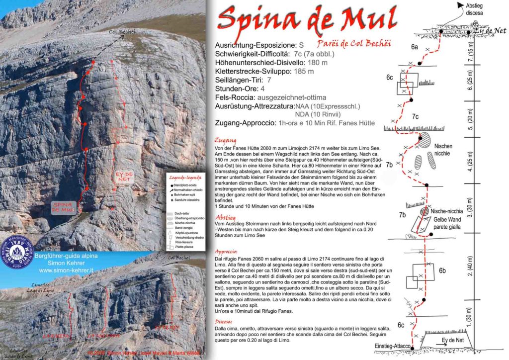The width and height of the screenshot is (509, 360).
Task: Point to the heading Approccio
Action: point(230,252)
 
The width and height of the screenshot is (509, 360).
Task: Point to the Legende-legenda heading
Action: point(184,177)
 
